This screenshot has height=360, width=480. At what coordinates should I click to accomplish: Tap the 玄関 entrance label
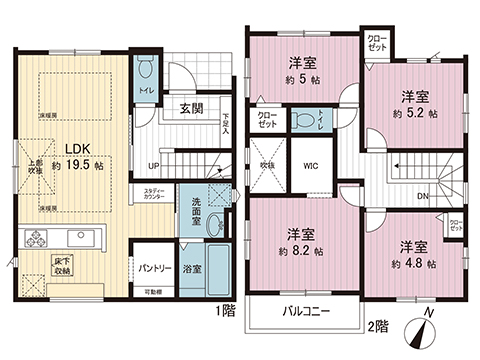coord(193,108)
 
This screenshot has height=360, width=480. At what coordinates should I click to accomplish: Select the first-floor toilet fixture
coord(146,71)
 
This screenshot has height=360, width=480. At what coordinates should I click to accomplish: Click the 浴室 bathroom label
coord(193,269)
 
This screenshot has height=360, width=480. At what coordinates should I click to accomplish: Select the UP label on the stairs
coord(153,165)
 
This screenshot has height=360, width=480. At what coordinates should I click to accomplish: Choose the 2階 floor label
coord(377,326)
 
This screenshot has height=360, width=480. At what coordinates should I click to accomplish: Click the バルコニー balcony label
coord(306,310)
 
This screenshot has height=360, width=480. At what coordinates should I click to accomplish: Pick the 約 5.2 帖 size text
coord(415,113)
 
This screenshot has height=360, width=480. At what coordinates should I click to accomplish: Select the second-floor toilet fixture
coord(302,121)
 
